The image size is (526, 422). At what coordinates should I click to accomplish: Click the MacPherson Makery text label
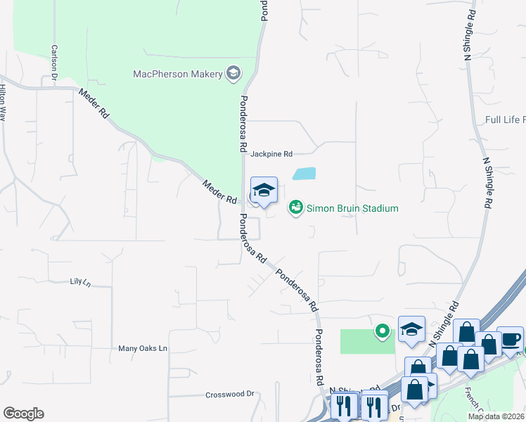(178, 74)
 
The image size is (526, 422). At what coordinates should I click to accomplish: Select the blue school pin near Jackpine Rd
(264, 191)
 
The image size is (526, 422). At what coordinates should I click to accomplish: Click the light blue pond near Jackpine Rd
(304, 174)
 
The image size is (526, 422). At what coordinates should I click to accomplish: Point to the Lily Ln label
(80, 281)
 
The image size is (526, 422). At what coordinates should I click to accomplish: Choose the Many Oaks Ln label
(143, 348)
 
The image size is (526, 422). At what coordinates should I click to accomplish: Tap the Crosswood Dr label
(229, 395)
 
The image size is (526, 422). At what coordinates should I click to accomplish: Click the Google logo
(23, 414)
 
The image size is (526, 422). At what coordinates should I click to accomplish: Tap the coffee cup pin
(510, 339)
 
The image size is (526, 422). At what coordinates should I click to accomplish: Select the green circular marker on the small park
(383, 330)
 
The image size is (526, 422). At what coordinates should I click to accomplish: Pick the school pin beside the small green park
(411, 328)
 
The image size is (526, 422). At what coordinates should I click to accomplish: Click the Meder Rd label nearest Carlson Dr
(94, 103)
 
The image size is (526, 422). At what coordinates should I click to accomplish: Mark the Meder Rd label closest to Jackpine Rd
(219, 193)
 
